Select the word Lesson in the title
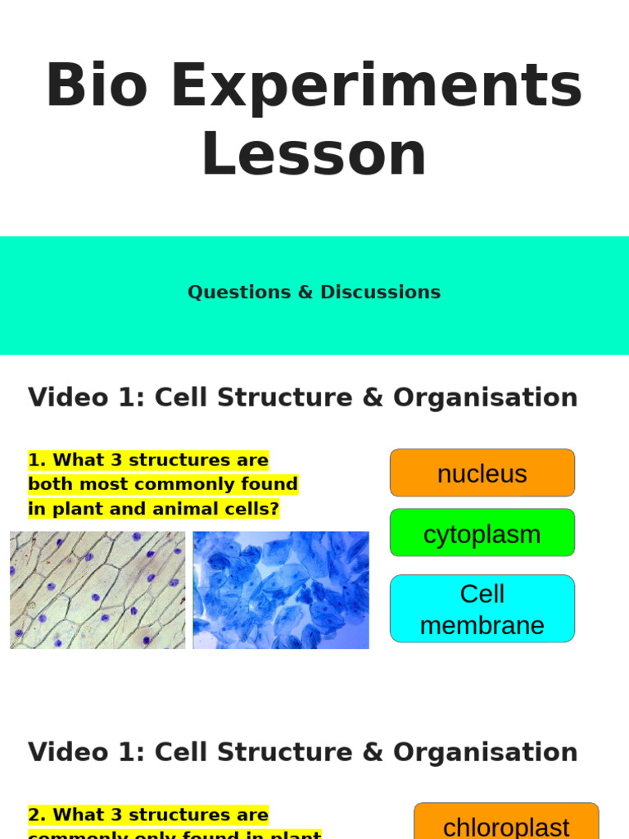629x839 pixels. (x=314, y=154)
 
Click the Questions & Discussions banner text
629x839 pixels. (x=314, y=293)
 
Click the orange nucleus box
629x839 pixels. (x=482, y=473)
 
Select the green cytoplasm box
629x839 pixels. (x=482, y=533)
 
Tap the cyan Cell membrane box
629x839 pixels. (x=482, y=609)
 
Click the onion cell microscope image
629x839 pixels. (x=97, y=590)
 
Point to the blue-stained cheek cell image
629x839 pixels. (x=281, y=590)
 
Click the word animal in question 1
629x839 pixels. (x=168, y=510)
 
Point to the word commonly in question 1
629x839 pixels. (x=168, y=485)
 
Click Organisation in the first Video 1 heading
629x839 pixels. (x=485, y=397)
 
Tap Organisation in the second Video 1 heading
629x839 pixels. (x=485, y=752)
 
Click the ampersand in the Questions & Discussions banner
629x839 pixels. (x=305, y=293)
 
